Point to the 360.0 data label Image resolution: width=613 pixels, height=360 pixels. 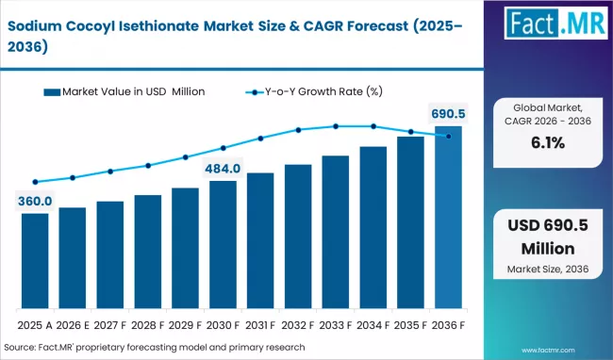35,200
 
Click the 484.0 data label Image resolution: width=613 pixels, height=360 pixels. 224,168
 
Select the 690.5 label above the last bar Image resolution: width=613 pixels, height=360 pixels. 448,114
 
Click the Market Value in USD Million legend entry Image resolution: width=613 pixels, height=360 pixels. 123,91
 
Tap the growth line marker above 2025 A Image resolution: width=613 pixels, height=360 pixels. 35,182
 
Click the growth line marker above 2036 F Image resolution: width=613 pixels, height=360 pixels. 448,137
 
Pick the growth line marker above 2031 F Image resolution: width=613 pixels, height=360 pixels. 260,138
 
